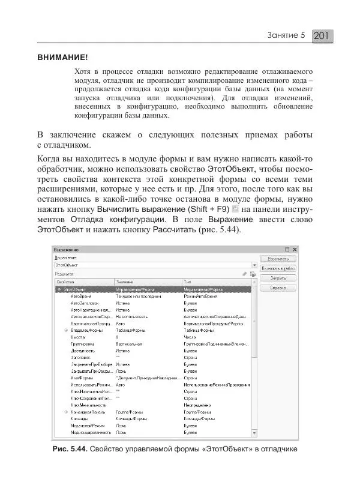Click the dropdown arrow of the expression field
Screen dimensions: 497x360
point(254,264)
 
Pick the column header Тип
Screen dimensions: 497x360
point(187,281)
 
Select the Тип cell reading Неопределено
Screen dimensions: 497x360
point(197,404)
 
